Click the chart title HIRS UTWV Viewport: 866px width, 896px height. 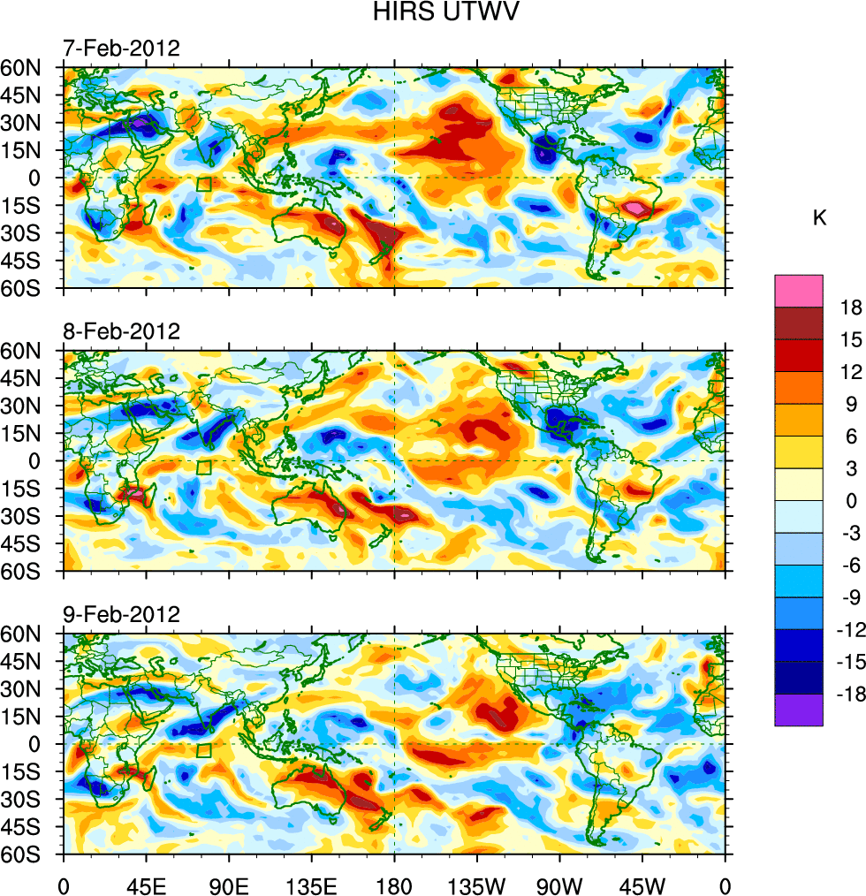(x=433, y=12)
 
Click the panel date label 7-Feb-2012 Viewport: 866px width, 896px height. (x=121, y=49)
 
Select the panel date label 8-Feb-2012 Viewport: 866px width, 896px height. (x=121, y=332)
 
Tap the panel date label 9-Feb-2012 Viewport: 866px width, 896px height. (x=121, y=614)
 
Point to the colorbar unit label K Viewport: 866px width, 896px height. (x=819, y=217)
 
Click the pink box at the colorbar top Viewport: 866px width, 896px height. (x=799, y=291)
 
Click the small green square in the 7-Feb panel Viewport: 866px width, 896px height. (x=204, y=185)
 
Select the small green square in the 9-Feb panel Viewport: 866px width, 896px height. (x=204, y=751)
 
